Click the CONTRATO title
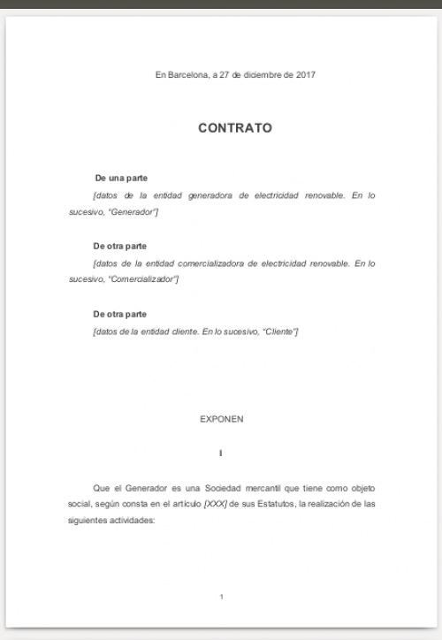235,128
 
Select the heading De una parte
120,179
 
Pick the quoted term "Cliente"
280,331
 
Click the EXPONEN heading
221,419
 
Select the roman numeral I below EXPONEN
221,453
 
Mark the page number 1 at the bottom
221,598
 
